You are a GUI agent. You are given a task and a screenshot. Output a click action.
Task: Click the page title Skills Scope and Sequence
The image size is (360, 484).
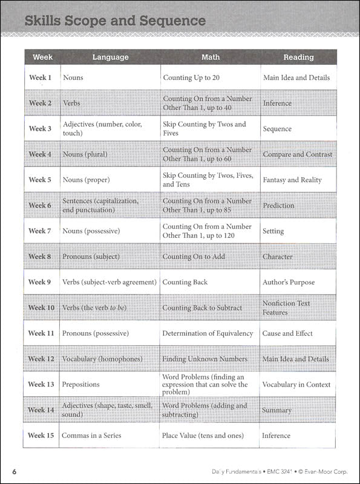point(115,21)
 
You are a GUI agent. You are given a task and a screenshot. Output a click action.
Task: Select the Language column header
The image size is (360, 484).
point(110,57)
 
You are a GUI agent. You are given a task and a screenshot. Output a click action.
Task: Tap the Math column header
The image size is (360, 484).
point(210,57)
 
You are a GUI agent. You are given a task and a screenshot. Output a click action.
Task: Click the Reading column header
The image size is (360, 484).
point(298,57)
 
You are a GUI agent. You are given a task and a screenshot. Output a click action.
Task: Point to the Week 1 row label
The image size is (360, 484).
point(41,78)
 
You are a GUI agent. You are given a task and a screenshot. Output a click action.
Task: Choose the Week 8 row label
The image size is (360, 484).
point(41,257)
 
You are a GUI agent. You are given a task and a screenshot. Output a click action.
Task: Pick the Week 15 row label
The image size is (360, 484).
point(41,436)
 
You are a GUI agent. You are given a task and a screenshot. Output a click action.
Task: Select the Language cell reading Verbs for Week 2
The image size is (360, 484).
point(72,103)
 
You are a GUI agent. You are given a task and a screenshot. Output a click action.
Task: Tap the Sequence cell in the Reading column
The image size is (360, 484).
point(277,129)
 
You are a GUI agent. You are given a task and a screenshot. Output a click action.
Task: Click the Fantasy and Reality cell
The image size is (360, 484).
point(292,180)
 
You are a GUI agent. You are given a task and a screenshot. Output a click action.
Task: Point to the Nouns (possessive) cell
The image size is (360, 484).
point(91,231)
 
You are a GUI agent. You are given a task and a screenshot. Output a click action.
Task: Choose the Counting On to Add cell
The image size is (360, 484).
point(194,257)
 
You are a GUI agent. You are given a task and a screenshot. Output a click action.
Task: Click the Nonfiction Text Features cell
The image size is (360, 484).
point(286,307)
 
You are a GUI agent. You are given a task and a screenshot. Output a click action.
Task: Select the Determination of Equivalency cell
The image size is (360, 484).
point(208,333)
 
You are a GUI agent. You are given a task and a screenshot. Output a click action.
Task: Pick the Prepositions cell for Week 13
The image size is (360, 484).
point(81,385)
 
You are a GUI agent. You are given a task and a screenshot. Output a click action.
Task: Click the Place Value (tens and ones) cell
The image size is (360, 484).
point(203,436)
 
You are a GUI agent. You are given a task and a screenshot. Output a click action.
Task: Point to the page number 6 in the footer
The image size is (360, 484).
point(13,471)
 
